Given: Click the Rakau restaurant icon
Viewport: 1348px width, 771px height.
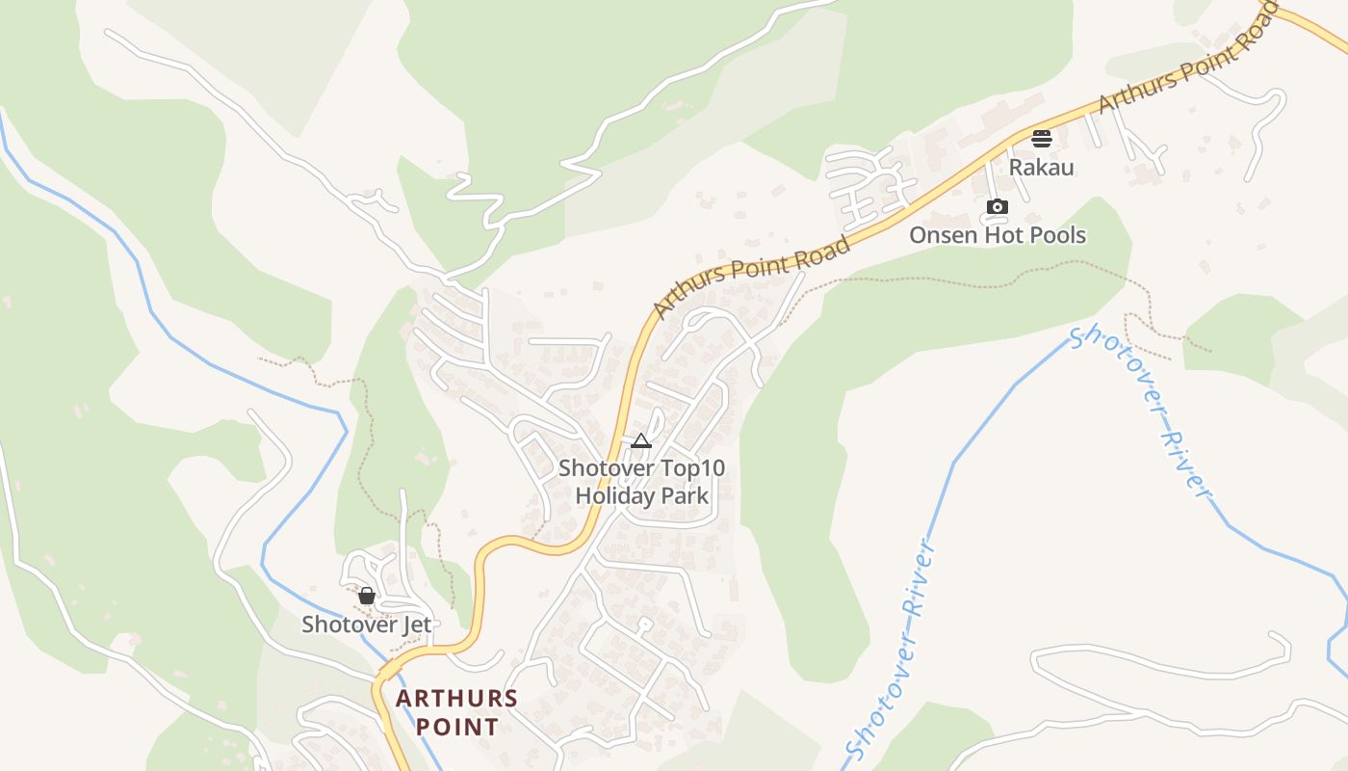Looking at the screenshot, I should coord(1041,139).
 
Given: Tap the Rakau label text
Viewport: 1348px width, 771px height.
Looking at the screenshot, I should coord(1041,168).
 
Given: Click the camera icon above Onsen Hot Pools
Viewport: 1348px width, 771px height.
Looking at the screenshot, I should coord(998,206).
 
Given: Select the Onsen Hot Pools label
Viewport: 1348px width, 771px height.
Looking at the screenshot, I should coord(998,235).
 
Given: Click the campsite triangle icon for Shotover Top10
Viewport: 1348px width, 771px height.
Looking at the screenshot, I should coord(641,441).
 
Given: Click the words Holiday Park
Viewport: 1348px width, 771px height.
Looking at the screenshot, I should coord(641,497).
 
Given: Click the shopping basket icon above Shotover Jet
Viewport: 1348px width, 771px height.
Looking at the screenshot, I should coord(366,596).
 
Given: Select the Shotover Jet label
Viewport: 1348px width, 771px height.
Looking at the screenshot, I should coord(367,625).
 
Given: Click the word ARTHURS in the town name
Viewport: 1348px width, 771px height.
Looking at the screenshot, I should coord(457,698).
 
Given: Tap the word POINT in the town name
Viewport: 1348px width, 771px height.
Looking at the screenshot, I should coord(457,727).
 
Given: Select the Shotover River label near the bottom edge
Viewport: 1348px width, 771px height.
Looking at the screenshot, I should coord(891,651).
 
